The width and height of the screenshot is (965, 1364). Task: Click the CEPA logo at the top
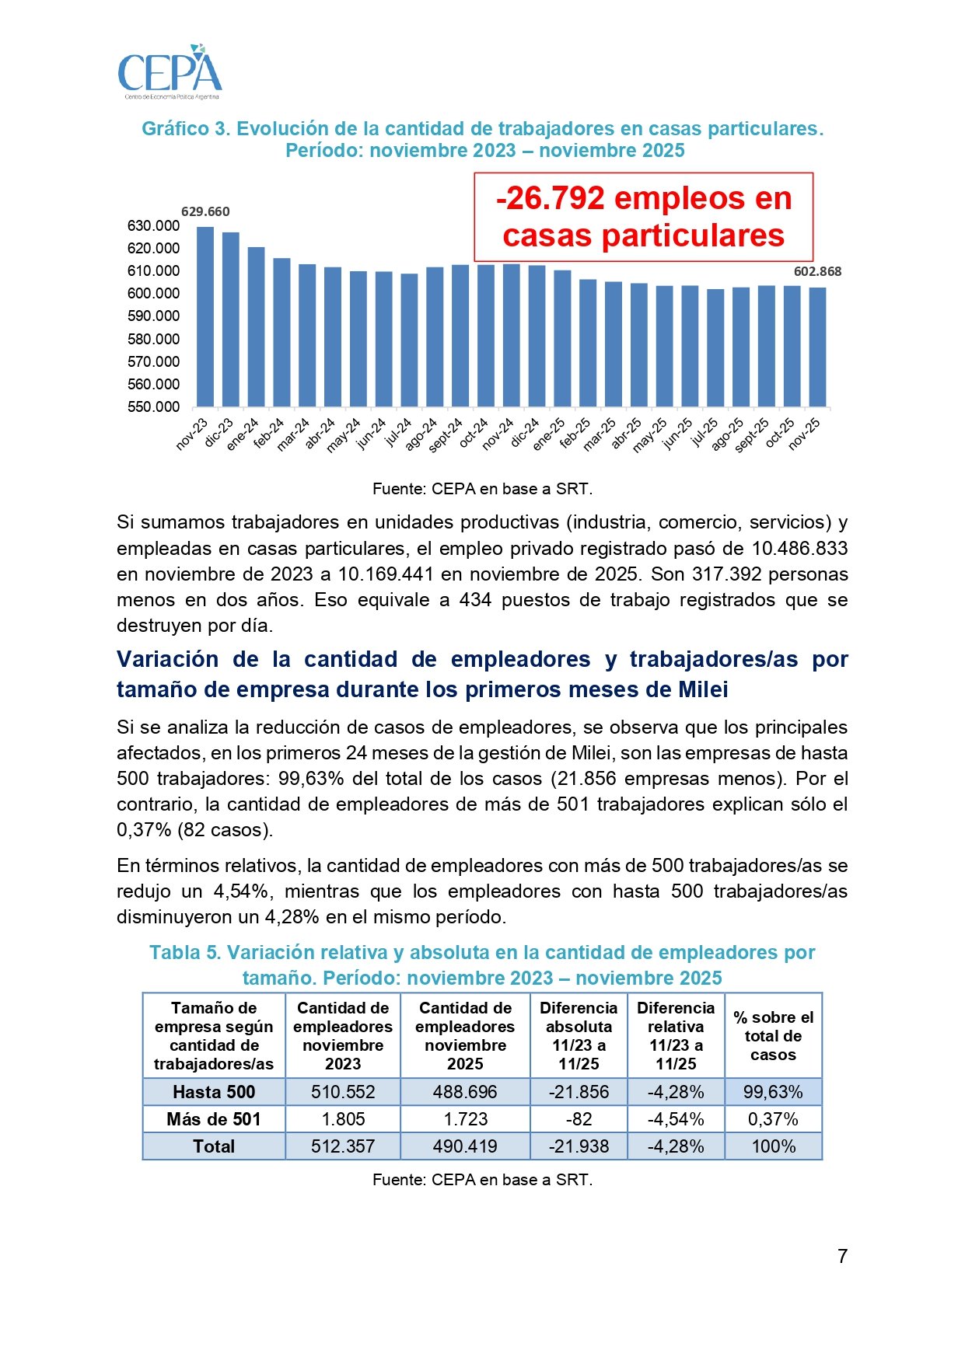point(170,72)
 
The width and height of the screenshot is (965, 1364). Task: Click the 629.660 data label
point(205,211)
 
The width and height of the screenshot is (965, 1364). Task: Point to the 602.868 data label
point(817,271)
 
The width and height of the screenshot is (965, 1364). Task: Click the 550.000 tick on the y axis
point(153,406)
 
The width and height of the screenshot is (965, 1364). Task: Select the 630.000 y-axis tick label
point(153,226)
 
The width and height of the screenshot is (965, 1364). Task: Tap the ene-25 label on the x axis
point(549,434)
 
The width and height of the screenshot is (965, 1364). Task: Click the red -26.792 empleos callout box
point(643,217)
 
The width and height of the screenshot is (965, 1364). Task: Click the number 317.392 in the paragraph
point(727,574)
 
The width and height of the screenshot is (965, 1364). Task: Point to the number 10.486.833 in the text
point(799,549)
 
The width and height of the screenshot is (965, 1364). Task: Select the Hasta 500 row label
point(214,1092)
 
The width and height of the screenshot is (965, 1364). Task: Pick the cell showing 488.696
point(465,1092)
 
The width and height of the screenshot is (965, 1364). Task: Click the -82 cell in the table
point(579,1119)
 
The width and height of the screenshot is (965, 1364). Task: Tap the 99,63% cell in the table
point(773,1092)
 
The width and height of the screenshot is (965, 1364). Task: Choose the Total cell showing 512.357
point(343,1146)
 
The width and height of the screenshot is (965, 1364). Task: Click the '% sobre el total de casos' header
point(773,1036)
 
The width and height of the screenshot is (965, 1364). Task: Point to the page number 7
point(842,1257)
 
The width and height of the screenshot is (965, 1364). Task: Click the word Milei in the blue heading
point(703,689)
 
